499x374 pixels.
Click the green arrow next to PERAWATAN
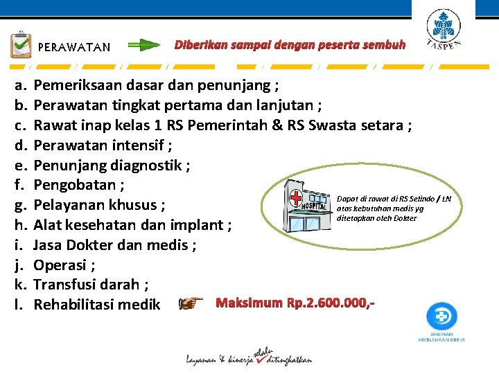click(144, 46)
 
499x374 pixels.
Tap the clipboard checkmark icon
click(20, 45)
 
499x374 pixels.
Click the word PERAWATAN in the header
click(73, 48)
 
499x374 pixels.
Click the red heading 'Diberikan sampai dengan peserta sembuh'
click(290, 45)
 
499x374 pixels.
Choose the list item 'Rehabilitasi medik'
click(97, 305)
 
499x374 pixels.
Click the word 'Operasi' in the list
click(60, 265)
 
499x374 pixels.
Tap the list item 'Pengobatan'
click(75, 185)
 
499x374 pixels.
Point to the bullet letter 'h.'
click(20, 225)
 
